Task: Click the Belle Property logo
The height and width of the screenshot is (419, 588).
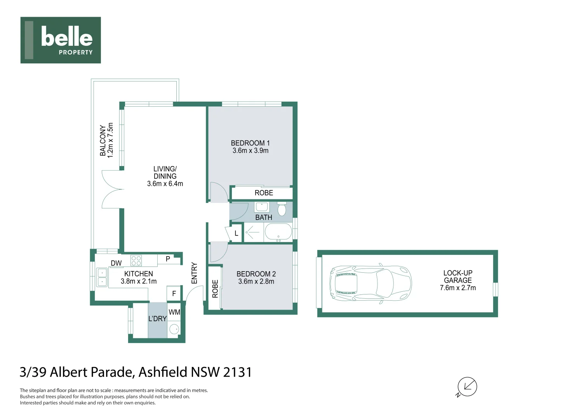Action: click(x=61, y=40)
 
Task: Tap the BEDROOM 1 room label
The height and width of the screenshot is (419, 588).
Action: click(x=250, y=143)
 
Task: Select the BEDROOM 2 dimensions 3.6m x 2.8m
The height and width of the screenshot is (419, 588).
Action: click(x=256, y=282)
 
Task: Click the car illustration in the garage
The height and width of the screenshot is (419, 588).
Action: click(x=370, y=283)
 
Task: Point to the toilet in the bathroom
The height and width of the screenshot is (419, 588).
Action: click(x=282, y=209)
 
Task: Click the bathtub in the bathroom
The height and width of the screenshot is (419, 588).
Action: click(x=278, y=233)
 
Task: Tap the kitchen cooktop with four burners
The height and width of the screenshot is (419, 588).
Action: click(x=136, y=260)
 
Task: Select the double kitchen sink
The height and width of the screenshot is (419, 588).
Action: click(x=102, y=277)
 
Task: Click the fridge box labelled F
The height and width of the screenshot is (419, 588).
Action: click(x=174, y=294)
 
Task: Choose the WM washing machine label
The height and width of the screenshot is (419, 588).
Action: click(x=174, y=312)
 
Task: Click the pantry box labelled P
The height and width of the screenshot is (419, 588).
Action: click(x=168, y=259)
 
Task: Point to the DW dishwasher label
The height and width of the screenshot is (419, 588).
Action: click(x=116, y=263)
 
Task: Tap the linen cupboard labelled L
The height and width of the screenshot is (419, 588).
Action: click(x=236, y=234)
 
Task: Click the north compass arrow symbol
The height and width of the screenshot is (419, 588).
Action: click(x=467, y=387)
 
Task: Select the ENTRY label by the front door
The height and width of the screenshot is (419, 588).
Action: click(x=195, y=273)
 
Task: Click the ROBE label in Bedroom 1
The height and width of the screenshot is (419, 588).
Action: click(x=264, y=193)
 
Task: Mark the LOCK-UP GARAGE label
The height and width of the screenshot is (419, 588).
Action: click(x=458, y=277)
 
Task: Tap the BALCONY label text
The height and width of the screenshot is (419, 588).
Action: click(x=103, y=140)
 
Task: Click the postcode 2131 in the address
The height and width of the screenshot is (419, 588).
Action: click(x=237, y=372)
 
